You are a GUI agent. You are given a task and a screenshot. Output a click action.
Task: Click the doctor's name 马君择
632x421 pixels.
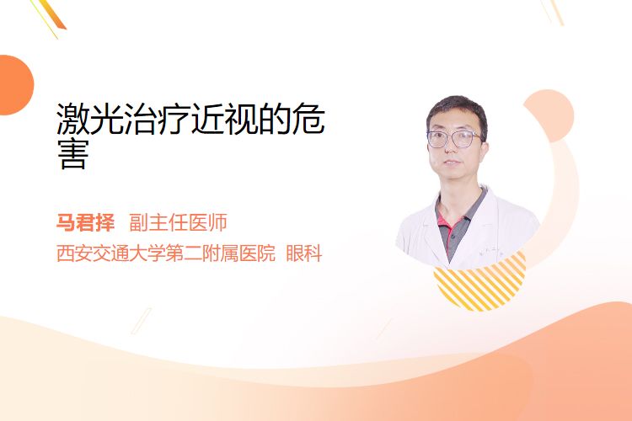pyautogui.click(x=85, y=222)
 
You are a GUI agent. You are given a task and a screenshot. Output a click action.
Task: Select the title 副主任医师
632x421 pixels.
pyautogui.click(x=178, y=222)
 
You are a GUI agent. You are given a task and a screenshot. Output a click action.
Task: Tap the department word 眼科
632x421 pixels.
pyautogui.click(x=304, y=253)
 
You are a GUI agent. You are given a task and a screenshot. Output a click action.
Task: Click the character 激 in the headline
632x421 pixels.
pyautogui.click(x=73, y=119)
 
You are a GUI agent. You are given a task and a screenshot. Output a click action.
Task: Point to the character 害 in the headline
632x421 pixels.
pyautogui.click(x=73, y=155)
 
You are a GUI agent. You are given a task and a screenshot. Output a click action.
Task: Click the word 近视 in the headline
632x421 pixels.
pyautogui.click(x=224, y=119)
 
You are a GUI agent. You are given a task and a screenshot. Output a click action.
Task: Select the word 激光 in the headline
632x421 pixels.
pyautogui.click(x=90, y=119)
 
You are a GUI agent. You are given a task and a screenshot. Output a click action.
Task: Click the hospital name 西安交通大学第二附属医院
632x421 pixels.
pyautogui.click(x=166, y=253)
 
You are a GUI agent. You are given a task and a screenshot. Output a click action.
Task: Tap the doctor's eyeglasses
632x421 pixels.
pyautogui.click(x=454, y=139)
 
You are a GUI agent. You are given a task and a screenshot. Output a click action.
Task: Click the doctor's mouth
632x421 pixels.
pyautogui.click(x=452, y=163)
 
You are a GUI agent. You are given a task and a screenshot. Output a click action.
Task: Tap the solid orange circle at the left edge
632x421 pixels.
pyautogui.click(x=15, y=85)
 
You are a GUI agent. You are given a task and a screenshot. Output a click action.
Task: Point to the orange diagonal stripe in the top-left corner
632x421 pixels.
pyautogui.click(x=53, y=14)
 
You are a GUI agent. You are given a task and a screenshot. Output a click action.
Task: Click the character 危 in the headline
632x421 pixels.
pyautogui.click(x=308, y=119)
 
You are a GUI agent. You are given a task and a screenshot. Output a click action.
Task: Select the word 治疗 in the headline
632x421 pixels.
pyautogui.click(x=157, y=119)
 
